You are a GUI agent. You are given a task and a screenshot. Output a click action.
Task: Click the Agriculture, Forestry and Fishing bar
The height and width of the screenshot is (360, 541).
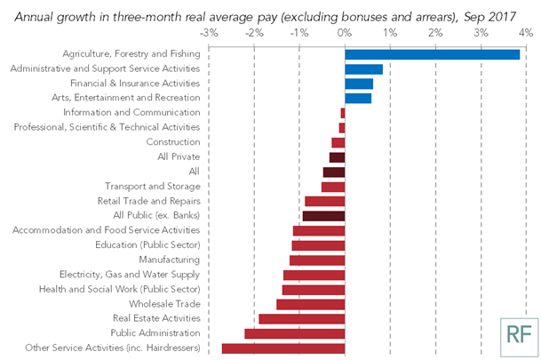432,54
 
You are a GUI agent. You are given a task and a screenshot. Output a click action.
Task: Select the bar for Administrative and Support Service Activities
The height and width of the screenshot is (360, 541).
363,69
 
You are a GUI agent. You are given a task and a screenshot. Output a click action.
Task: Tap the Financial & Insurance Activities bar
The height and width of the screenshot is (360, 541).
359,84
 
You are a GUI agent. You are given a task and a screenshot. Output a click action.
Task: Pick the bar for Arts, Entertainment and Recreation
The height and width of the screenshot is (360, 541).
358,98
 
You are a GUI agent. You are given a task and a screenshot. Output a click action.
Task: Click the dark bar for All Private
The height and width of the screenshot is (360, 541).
337,157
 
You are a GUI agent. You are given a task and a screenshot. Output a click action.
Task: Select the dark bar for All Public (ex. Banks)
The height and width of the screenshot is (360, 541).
323,215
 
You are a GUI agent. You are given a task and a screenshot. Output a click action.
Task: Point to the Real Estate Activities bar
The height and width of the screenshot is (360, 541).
301,318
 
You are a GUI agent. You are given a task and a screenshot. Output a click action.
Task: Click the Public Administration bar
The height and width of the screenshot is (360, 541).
294,333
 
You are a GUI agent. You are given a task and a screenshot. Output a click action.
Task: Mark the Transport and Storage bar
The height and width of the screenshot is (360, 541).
333,187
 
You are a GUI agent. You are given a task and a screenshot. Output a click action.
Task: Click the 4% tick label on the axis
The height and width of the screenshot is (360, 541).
527,32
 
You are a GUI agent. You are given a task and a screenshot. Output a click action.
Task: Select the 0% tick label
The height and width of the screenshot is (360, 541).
345,32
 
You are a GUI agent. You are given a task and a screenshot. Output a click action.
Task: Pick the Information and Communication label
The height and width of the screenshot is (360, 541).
131,113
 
